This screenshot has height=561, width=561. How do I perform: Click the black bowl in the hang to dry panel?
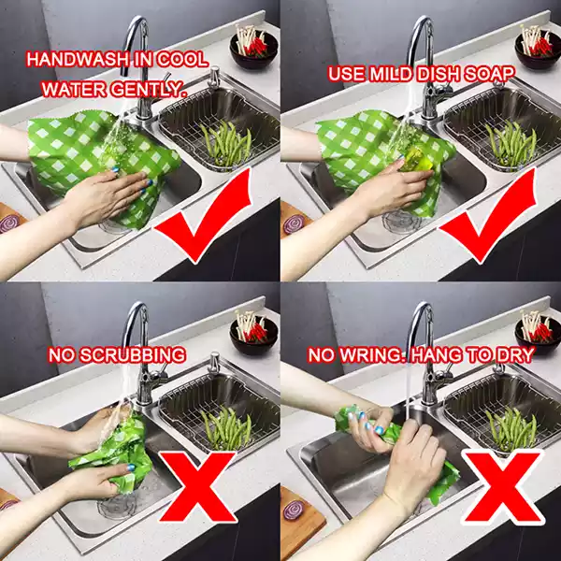pyautogui.click(x=537, y=333)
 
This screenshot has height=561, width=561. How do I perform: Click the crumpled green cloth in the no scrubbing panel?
pyautogui.click(x=112, y=449)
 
